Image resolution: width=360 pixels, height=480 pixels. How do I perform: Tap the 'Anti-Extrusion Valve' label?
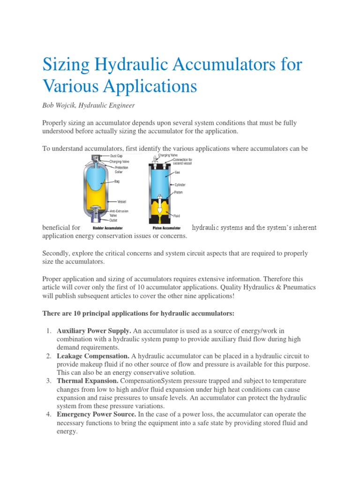[x=120, y=213]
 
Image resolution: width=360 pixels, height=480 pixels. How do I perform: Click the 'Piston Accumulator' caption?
[x=167, y=228]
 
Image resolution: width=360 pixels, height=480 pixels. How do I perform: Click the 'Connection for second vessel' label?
[x=182, y=161]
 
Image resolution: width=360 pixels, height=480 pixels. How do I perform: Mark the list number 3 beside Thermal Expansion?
[x=49, y=381]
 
